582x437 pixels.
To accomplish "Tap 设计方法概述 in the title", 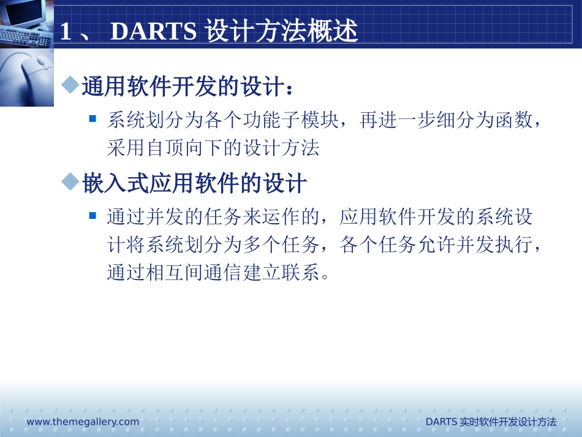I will [281, 32].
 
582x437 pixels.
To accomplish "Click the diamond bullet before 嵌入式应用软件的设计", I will [72, 181].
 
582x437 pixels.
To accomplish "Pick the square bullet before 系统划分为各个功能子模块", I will [93, 118].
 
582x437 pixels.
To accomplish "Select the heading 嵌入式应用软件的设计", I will [194, 183].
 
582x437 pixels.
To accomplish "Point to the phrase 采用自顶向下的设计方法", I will [213, 148].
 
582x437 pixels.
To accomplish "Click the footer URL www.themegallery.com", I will [83, 422].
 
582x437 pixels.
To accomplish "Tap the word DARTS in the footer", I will [441, 422].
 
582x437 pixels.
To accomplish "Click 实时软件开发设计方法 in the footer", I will [508, 422].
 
